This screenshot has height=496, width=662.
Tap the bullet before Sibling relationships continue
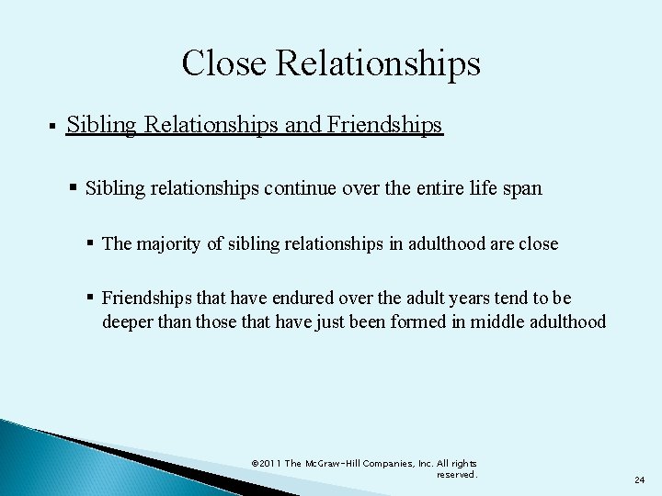pyautogui.click(x=74, y=188)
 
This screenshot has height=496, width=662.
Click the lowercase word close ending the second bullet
pyautogui.click(x=538, y=244)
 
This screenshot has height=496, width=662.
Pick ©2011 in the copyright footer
pyautogui.click(x=266, y=463)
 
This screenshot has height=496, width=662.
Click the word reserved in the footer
pyautogui.click(x=457, y=474)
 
